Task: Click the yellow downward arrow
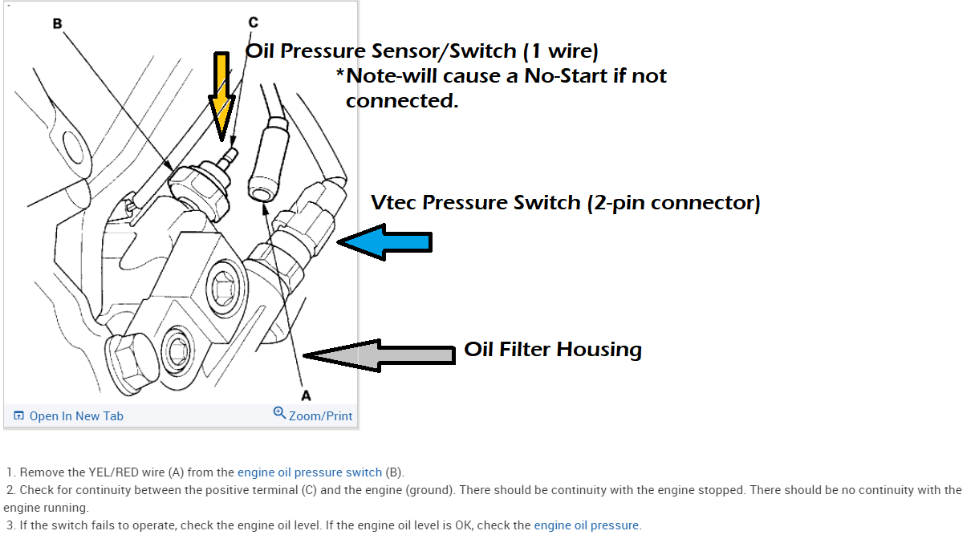220,92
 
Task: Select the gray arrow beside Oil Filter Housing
380,355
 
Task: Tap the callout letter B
57,24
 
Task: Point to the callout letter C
254,22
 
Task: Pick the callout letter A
305,395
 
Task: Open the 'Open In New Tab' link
76,415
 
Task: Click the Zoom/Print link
320,415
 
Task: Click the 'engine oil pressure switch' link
311,472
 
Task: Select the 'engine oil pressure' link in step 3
586,525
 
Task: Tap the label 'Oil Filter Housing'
553,350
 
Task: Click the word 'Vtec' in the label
394,202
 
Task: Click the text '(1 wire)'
560,51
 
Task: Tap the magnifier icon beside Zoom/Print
279,413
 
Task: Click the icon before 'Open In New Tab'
19,415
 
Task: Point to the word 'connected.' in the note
401,101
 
